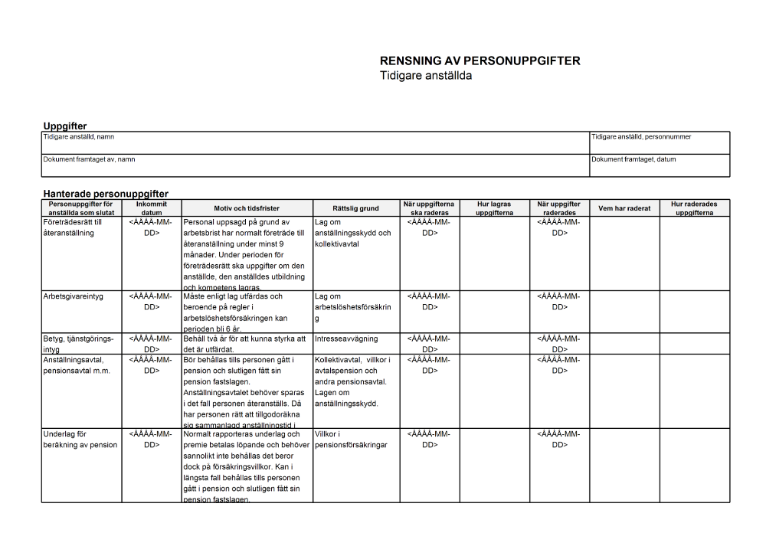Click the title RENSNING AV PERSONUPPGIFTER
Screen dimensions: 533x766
coord(480,61)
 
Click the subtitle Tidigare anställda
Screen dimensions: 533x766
coord(426,76)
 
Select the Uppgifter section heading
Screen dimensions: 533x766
coord(65,126)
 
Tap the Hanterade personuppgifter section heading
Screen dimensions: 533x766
coord(106,194)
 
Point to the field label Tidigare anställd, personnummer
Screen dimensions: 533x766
coord(641,137)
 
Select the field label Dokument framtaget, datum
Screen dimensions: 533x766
coord(633,159)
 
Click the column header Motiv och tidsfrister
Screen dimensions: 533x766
coord(247,208)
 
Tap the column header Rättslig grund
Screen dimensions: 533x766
coord(355,208)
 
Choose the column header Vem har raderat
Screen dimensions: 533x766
coord(624,208)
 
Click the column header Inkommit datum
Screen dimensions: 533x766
coord(152,208)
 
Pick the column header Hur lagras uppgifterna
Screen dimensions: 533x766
coord(494,208)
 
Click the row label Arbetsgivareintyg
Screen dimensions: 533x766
coord(74,296)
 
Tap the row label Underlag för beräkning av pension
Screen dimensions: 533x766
coord(80,439)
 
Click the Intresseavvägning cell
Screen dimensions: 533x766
coord(346,338)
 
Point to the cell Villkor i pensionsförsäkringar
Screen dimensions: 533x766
coord(352,439)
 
